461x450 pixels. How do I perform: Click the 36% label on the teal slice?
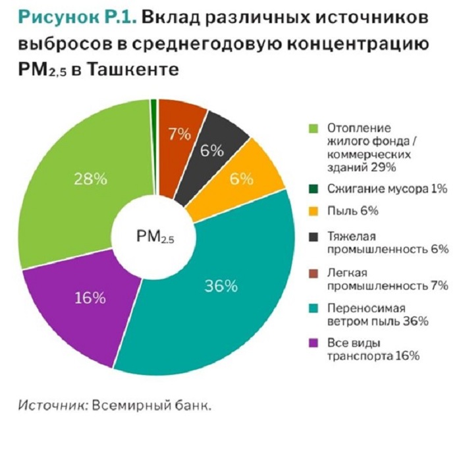tap(221, 286)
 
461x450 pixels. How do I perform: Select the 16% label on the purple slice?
tap(90, 298)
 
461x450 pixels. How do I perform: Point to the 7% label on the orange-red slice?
tap(179, 134)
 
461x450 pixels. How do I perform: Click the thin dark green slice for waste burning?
tap(154, 132)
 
